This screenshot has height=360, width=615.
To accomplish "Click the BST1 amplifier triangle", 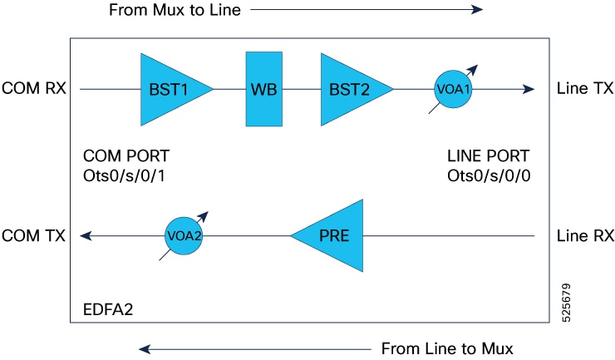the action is tap(169, 90).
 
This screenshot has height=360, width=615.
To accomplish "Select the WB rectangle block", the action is tap(264, 89).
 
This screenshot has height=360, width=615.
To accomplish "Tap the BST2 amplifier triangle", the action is tap(349, 90).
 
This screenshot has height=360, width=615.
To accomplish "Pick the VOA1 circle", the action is tap(453, 89).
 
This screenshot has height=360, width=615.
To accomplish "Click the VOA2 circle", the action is tap(184, 236).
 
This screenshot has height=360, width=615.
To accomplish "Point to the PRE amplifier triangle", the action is tap(334, 235).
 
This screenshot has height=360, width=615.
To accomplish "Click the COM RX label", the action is tap(34, 88).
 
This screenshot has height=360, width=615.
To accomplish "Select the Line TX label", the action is tap(585, 88).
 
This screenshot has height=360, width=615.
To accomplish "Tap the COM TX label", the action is tap(33, 235).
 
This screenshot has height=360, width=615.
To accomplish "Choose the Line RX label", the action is tap(585, 235).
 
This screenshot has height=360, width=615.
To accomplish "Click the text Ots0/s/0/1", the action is tap(124, 176).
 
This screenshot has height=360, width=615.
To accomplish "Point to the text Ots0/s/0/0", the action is tap(489, 176).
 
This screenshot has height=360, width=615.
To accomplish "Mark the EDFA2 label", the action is tap(108, 310).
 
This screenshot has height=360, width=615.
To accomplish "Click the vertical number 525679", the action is tap(566, 303).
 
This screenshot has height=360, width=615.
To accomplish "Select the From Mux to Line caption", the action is tap(175, 10).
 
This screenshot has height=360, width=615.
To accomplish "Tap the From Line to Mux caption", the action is tap(447, 348).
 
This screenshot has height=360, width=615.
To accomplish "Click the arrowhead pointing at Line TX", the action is tap(529, 89).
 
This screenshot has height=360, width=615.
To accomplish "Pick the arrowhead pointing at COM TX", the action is tap(86, 236).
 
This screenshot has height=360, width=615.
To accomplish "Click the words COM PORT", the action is tap(125, 155).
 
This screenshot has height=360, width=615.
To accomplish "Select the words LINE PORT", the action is tap(489, 155).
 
